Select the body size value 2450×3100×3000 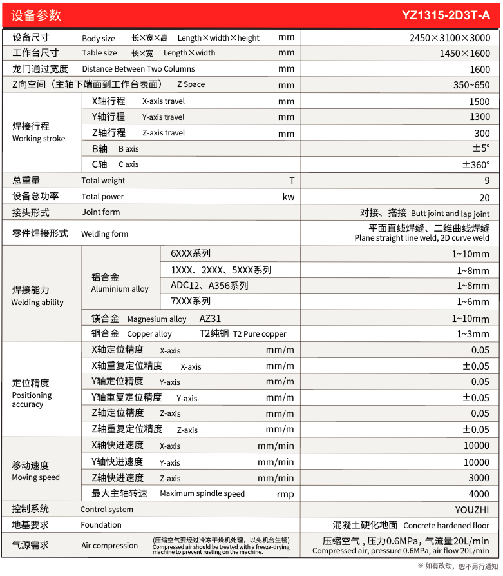(450, 37)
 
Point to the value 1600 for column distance (479, 70)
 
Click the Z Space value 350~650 (471, 85)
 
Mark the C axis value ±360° (476, 164)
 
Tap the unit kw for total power (288, 197)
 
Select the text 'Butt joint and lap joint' (450, 213)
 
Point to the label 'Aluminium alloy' (120, 289)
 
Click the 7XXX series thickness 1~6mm (473, 302)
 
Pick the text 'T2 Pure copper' (260, 334)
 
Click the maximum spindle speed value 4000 (479, 494)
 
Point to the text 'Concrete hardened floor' (446, 526)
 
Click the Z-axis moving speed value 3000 (479, 478)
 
